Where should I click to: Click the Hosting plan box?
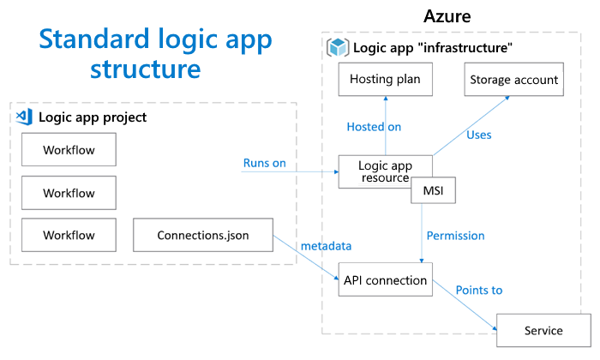point(385,80)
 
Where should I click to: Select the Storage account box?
point(513,80)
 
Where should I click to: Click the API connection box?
point(385,280)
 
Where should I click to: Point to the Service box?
point(543,330)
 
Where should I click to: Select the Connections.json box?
point(203,234)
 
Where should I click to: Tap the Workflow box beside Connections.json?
point(69,234)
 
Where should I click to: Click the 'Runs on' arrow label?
point(265,163)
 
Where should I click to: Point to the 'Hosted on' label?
point(374,127)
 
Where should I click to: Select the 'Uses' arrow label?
point(478,134)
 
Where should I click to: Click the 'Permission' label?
point(456,235)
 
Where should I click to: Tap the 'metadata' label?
point(326,246)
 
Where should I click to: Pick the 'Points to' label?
point(479,290)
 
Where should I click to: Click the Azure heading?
point(447,16)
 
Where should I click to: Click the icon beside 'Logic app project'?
point(25,117)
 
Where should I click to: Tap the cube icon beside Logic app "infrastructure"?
point(337,47)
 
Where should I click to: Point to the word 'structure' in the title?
point(147,68)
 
